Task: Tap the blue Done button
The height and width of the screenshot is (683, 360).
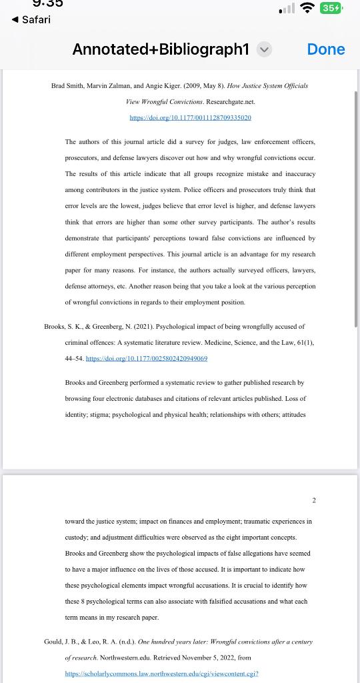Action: (326, 49)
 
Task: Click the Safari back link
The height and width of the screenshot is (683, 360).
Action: (31, 19)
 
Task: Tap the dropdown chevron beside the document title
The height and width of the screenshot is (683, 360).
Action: (264, 49)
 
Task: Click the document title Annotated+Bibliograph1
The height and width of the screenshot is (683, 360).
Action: (161, 49)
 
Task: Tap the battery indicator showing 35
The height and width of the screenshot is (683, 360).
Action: (331, 9)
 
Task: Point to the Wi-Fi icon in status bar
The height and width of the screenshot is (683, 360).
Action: (307, 9)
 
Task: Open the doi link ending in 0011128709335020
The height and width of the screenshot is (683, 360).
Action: (190, 117)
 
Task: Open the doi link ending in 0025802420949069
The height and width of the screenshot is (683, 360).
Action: (147, 358)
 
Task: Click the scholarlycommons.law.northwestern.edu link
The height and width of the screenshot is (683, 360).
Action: (161, 674)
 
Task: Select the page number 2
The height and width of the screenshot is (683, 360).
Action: (314, 500)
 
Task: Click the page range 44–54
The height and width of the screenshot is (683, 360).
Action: (74, 358)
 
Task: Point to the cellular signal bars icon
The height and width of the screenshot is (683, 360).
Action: (287, 9)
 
